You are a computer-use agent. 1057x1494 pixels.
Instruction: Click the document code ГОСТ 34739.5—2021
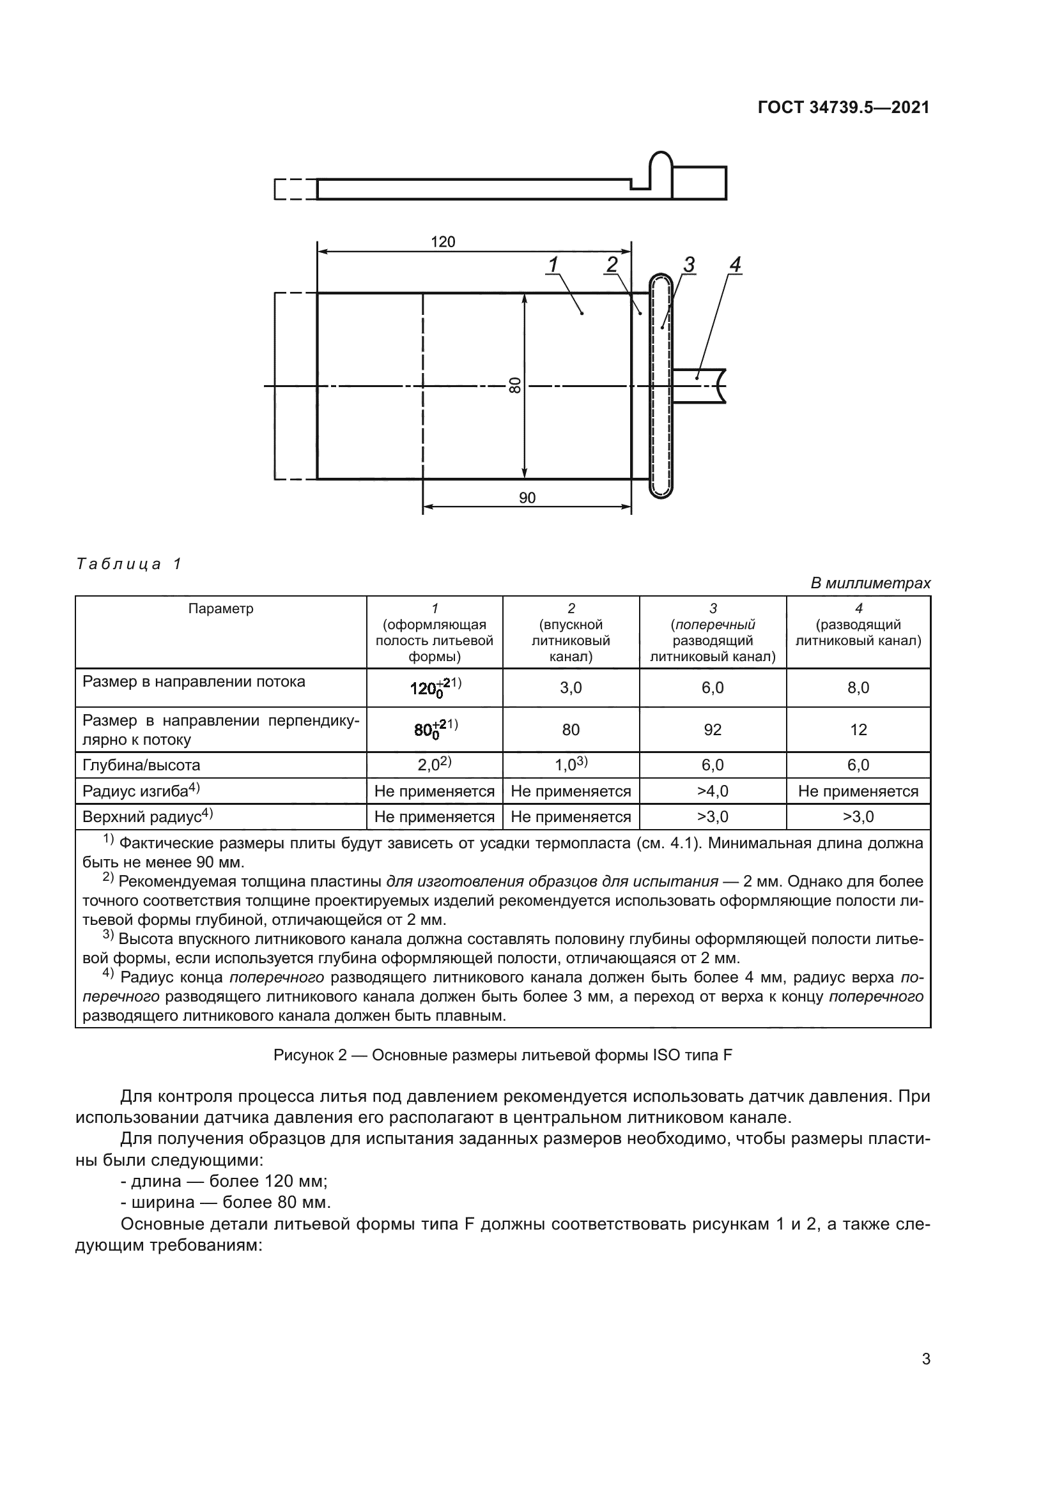tap(844, 107)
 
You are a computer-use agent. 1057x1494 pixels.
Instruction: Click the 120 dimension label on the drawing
tap(443, 242)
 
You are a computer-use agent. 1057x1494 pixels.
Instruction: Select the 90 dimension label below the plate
tap(527, 498)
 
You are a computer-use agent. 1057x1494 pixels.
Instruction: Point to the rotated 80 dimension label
tap(515, 385)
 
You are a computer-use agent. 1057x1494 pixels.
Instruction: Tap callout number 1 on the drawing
tap(553, 265)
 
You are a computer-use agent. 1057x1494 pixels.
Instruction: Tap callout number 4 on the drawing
tap(735, 265)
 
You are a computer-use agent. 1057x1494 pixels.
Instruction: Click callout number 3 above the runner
tap(689, 265)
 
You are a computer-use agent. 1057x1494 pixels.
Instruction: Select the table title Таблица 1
tap(129, 563)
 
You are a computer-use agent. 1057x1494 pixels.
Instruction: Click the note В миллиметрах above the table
tap(870, 583)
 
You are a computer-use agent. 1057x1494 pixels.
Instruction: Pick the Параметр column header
tap(220, 609)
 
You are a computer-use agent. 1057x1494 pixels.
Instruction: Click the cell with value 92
tap(713, 729)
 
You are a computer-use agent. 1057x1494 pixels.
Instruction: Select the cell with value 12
tap(858, 729)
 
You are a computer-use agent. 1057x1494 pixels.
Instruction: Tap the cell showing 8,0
tap(858, 688)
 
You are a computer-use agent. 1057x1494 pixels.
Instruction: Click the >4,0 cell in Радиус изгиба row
tap(713, 791)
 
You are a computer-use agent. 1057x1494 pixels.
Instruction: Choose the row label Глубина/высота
tap(141, 765)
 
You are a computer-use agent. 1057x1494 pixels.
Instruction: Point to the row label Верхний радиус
tap(148, 817)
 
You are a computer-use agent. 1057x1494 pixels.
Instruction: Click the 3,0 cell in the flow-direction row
tap(571, 688)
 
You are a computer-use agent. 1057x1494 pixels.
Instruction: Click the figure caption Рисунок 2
tap(502, 1055)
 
